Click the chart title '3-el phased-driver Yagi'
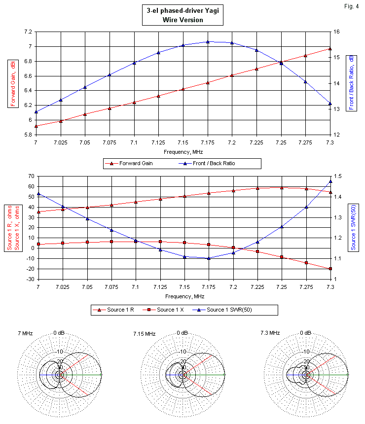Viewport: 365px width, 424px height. pyautogui.click(x=182, y=11)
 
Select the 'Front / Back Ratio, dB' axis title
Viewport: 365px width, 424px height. pyautogui.click(x=351, y=82)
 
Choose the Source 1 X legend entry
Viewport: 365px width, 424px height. pyautogui.click(x=170, y=310)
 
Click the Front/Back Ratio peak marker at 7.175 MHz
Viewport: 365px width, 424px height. pyautogui.click(x=208, y=42)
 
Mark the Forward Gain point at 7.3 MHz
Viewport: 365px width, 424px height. pyautogui.click(x=330, y=49)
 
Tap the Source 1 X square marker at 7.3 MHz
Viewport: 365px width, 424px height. pyautogui.click(x=330, y=269)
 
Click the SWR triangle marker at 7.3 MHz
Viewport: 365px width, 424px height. pyautogui.click(x=330, y=181)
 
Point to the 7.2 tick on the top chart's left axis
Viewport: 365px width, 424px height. pyautogui.click(x=28, y=32)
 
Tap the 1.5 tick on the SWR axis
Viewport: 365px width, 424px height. pyautogui.click(x=337, y=176)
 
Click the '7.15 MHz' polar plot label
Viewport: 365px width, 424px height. pyautogui.click(x=144, y=334)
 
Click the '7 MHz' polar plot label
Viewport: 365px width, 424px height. pyautogui.click(x=25, y=334)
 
